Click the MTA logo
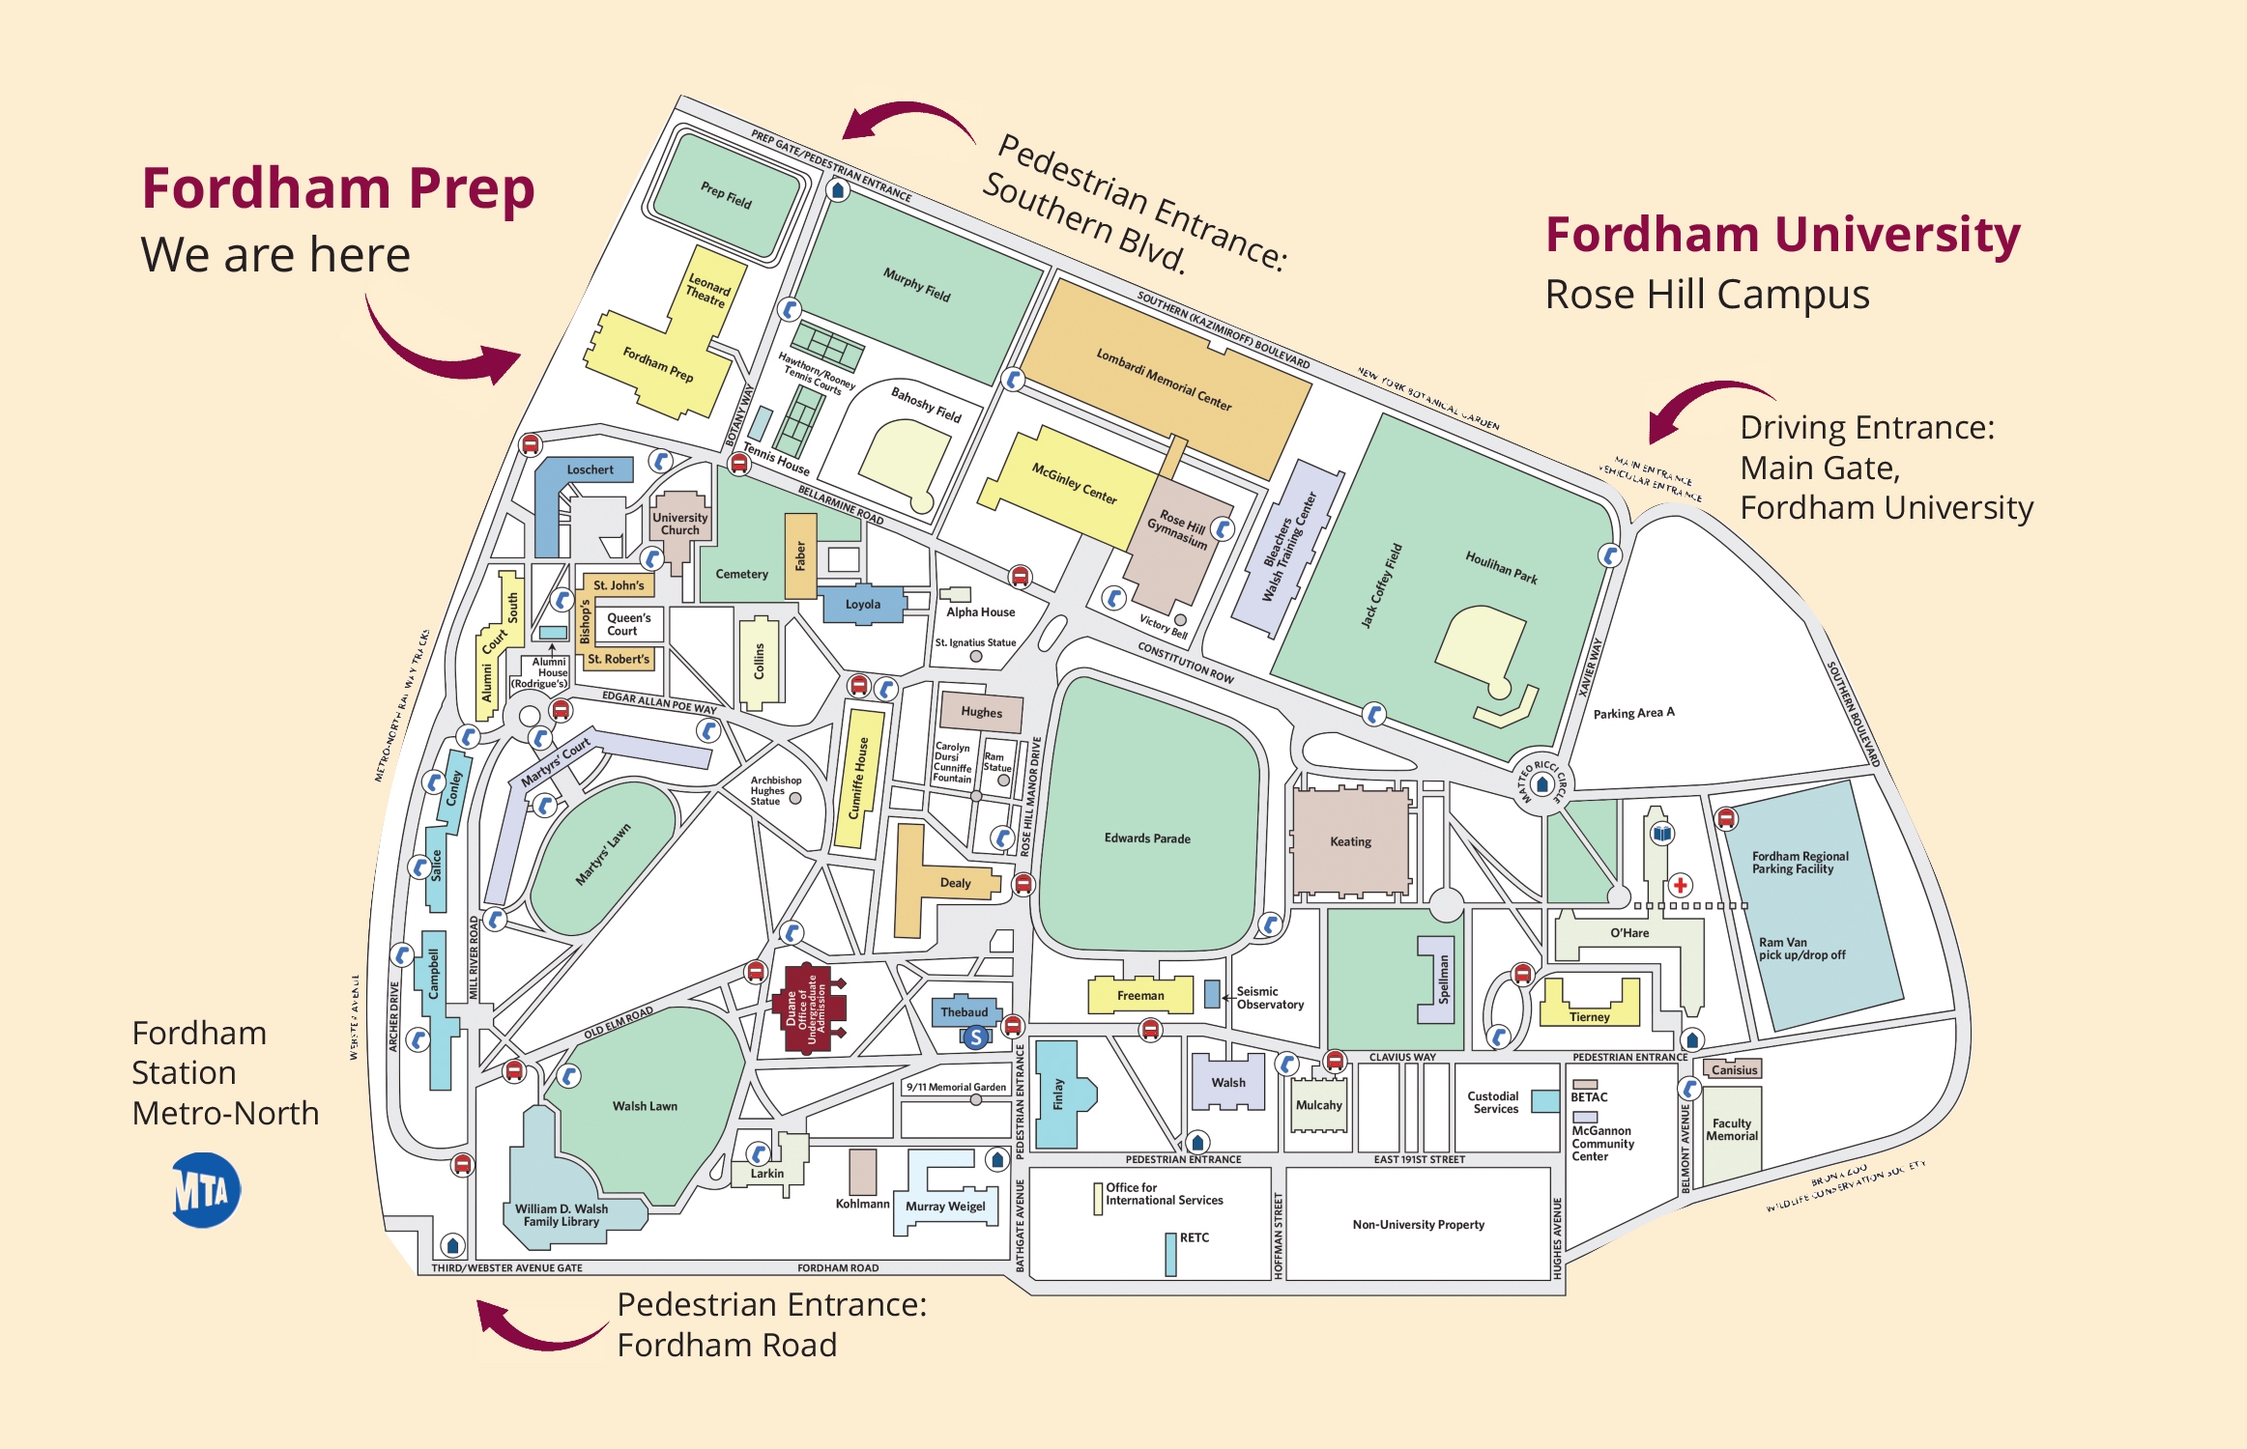click(206, 1190)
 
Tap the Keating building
click(1350, 841)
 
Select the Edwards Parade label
click(1147, 838)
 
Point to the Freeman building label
click(1140, 995)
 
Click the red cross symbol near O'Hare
click(1681, 885)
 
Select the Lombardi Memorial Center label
click(1164, 380)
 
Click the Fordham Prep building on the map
click(657, 365)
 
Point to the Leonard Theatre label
click(707, 291)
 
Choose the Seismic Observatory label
click(1269, 998)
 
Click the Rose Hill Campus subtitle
click(1707, 295)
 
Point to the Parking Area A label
click(1633, 713)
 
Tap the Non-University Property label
click(1418, 1224)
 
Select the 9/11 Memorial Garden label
click(956, 1087)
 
